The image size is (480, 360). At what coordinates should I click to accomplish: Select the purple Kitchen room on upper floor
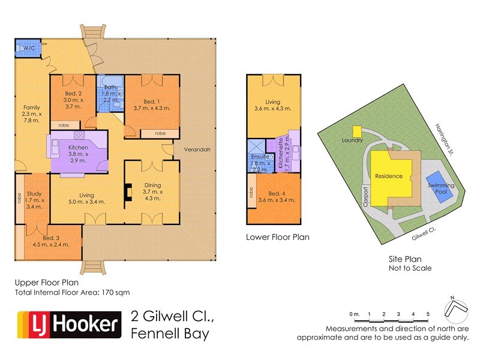[78, 154]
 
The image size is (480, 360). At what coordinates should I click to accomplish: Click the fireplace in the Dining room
[128, 190]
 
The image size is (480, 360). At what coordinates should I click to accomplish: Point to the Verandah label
[197, 150]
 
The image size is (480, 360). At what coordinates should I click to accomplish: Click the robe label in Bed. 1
[160, 133]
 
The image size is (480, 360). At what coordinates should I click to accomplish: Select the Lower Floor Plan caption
[278, 237]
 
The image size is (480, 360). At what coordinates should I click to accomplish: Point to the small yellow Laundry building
[356, 131]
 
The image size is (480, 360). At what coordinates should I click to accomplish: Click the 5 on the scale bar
[427, 314]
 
